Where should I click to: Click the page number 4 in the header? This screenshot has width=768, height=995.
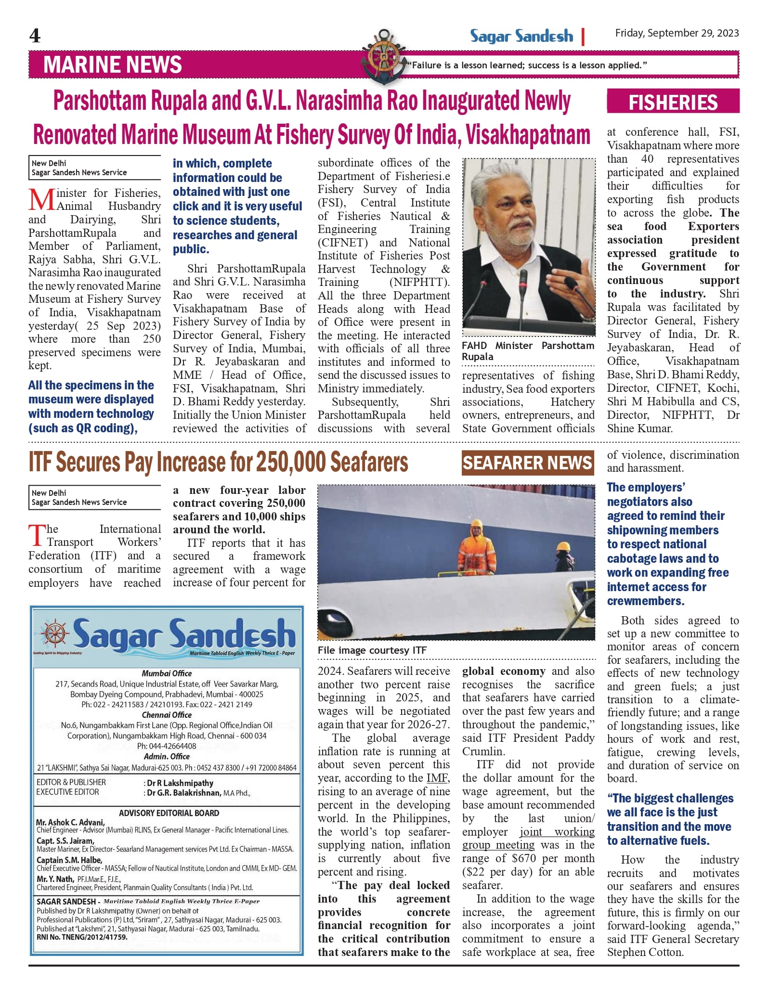[x=35, y=36]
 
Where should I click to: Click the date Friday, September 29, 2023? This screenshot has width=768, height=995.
[x=677, y=33]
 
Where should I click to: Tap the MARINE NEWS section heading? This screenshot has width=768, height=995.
[x=113, y=65]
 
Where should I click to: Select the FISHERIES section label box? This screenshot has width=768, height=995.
[x=673, y=102]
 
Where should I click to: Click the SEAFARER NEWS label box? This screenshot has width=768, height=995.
[x=527, y=463]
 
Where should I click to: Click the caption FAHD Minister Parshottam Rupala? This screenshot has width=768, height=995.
[x=528, y=351]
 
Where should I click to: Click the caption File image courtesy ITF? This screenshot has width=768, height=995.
[x=372, y=650]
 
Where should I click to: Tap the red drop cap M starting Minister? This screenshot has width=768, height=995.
[x=41, y=199]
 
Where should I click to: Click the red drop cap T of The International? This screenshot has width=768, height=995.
[x=37, y=535]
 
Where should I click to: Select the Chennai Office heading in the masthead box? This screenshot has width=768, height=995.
[x=167, y=715]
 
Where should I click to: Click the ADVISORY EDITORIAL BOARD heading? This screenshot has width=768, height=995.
[x=169, y=813]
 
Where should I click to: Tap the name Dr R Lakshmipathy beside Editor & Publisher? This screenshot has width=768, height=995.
[x=180, y=783]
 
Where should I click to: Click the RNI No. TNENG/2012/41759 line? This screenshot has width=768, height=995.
[x=82, y=937]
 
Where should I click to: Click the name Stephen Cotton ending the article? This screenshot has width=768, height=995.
[x=645, y=952]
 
